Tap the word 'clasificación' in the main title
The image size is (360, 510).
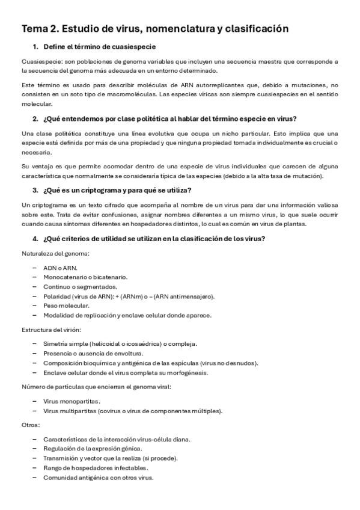pyautogui.click(x=255, y=28)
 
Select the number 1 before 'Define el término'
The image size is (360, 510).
pyautogui.click(x=35, y=47)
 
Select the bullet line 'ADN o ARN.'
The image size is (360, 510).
pyautogui.click(x=60, y=268)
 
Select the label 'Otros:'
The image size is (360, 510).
pyautogui.click(x=31, y=425)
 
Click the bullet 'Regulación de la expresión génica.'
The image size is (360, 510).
pyautogui.click(x=93, y=449)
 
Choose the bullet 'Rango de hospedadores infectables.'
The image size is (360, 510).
pyautogui.click(x=91, y=468)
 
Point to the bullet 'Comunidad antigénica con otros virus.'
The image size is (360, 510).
pyautogui.click(x=98, y=478)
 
